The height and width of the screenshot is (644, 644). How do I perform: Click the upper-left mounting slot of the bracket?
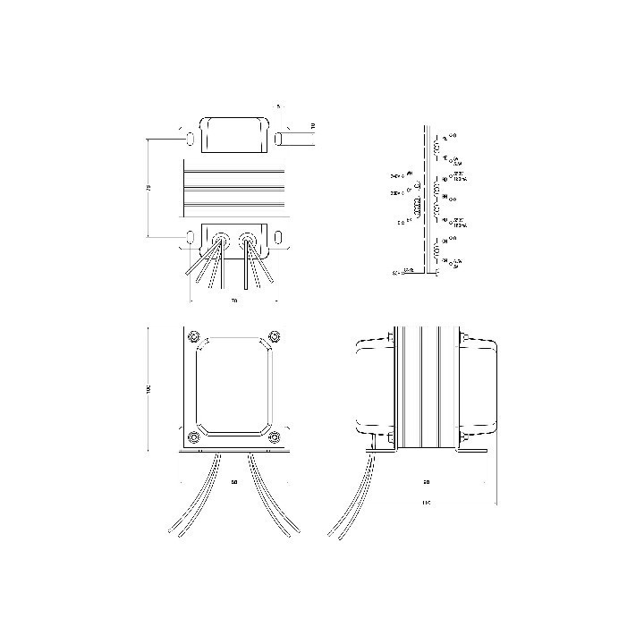tap(191, 138)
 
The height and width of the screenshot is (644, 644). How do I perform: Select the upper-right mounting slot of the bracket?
tap(278, 138)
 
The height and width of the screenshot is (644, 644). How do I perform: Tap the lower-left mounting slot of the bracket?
tap(191, 237)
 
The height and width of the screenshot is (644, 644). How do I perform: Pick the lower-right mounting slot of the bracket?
tap(278, 237)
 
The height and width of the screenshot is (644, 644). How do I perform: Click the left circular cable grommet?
tap(219, 239)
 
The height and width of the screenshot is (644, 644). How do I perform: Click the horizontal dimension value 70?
tap(233, 301)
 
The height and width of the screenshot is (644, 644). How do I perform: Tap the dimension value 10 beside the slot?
tap(312, 127)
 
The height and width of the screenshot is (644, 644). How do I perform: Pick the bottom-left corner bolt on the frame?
tap(194, 436)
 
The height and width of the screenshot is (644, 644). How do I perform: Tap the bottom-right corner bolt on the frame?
tap(275, 436)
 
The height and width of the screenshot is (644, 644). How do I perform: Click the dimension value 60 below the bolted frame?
tap(233, 483)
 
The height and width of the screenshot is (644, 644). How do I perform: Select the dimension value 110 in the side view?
tap(427, 504)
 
